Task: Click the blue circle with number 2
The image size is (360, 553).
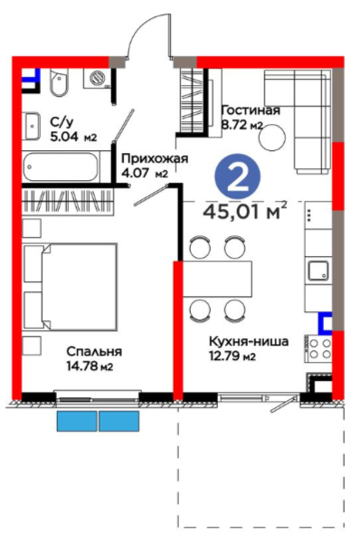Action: [x=238, y=176]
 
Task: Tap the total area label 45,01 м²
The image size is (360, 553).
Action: [x=245, y=211]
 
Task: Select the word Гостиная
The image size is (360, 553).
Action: [x=251, y=110]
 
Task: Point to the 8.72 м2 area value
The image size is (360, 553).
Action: [x=242, y=125]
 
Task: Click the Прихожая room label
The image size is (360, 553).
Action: [x=155, y=158]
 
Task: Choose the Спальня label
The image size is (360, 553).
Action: [x=94, y=351]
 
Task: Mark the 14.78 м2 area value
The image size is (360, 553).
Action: [x=90, y=366]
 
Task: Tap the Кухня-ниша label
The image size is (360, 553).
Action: [x=249, y=341]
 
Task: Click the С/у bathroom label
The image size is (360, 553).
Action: [x=62, y=122]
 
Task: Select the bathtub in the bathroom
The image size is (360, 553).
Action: [x=61, y=167]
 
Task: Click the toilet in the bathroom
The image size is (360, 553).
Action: [x=58, y=82]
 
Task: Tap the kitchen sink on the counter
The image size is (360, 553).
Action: [x=318, y=271]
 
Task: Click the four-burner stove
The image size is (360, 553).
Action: [x=318, y=348]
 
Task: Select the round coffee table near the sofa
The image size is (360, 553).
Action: [x=272, y=138]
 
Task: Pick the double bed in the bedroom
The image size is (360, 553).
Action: [x=71, y=287]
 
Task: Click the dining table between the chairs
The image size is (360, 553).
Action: [x=217, y=279]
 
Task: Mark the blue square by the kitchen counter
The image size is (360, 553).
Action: [x=325, y=323]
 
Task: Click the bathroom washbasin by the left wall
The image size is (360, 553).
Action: [x=32, y=126]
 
